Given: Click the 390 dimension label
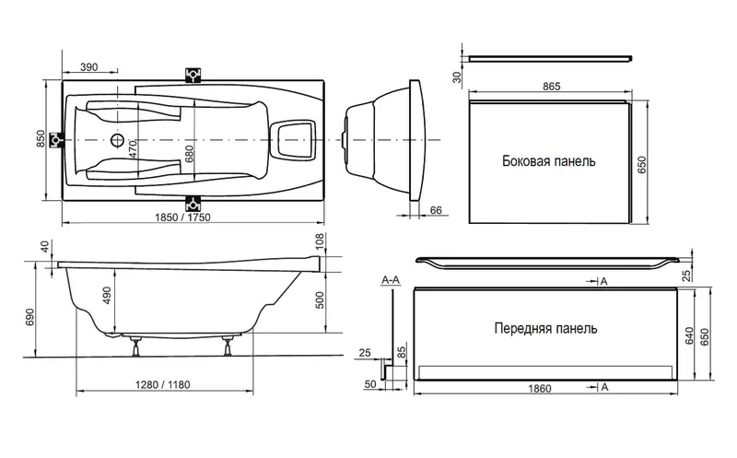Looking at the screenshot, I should click(x=89, y=69).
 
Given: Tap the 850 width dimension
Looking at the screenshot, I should click(x=41, y=139).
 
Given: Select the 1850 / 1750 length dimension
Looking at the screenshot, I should click(x=192, y=215).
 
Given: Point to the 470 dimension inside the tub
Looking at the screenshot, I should click(x=133, y=150).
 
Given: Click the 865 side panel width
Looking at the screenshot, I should click(x=551, y=84).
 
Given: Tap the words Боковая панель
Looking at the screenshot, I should click(x=548, y=160).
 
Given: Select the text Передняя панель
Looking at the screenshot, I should click(x=545, y=328).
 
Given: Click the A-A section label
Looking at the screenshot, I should click(x=390, y=278).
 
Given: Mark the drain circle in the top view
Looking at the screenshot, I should click(x=119, y=142).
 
